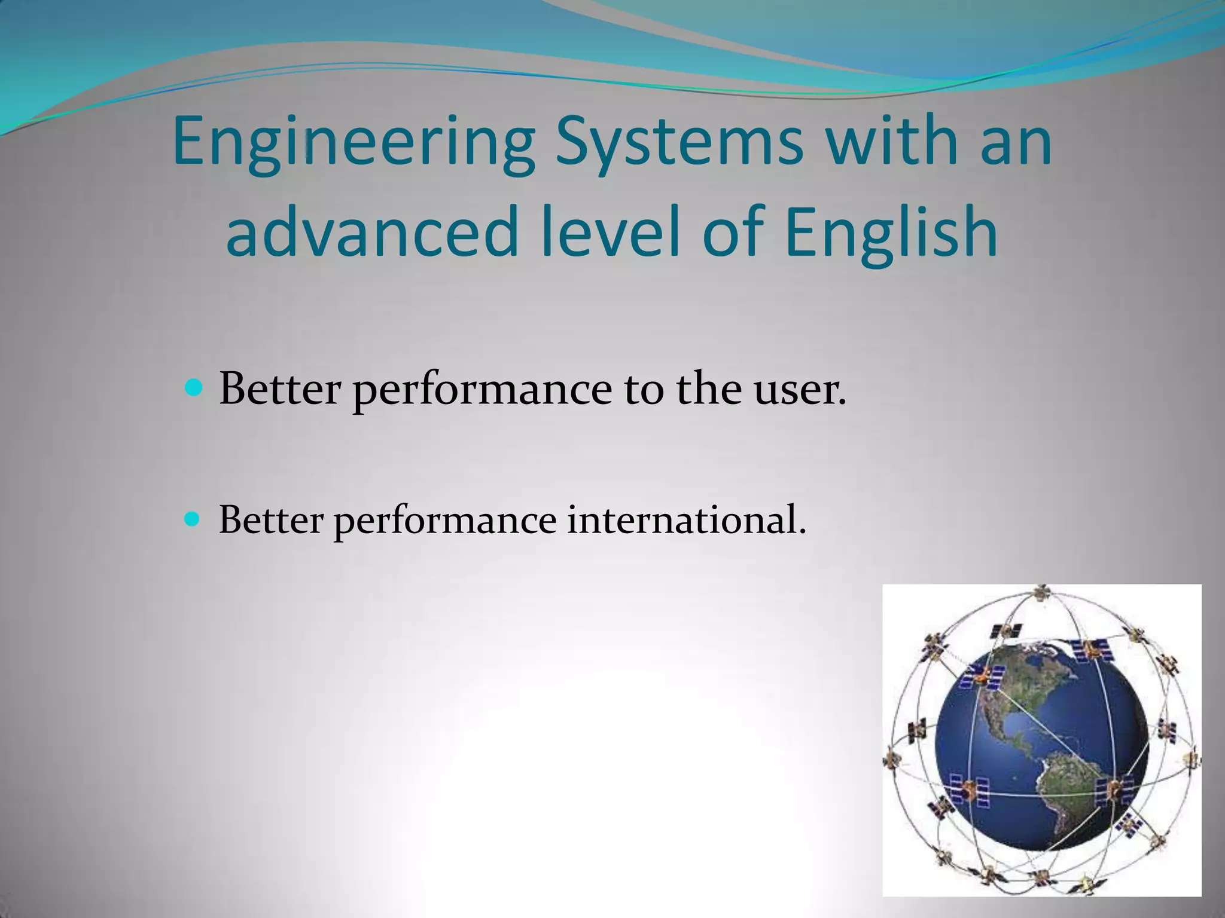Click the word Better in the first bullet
pos(279,389)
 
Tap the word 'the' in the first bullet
pos(708,389)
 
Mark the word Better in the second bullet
pos(270,519)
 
